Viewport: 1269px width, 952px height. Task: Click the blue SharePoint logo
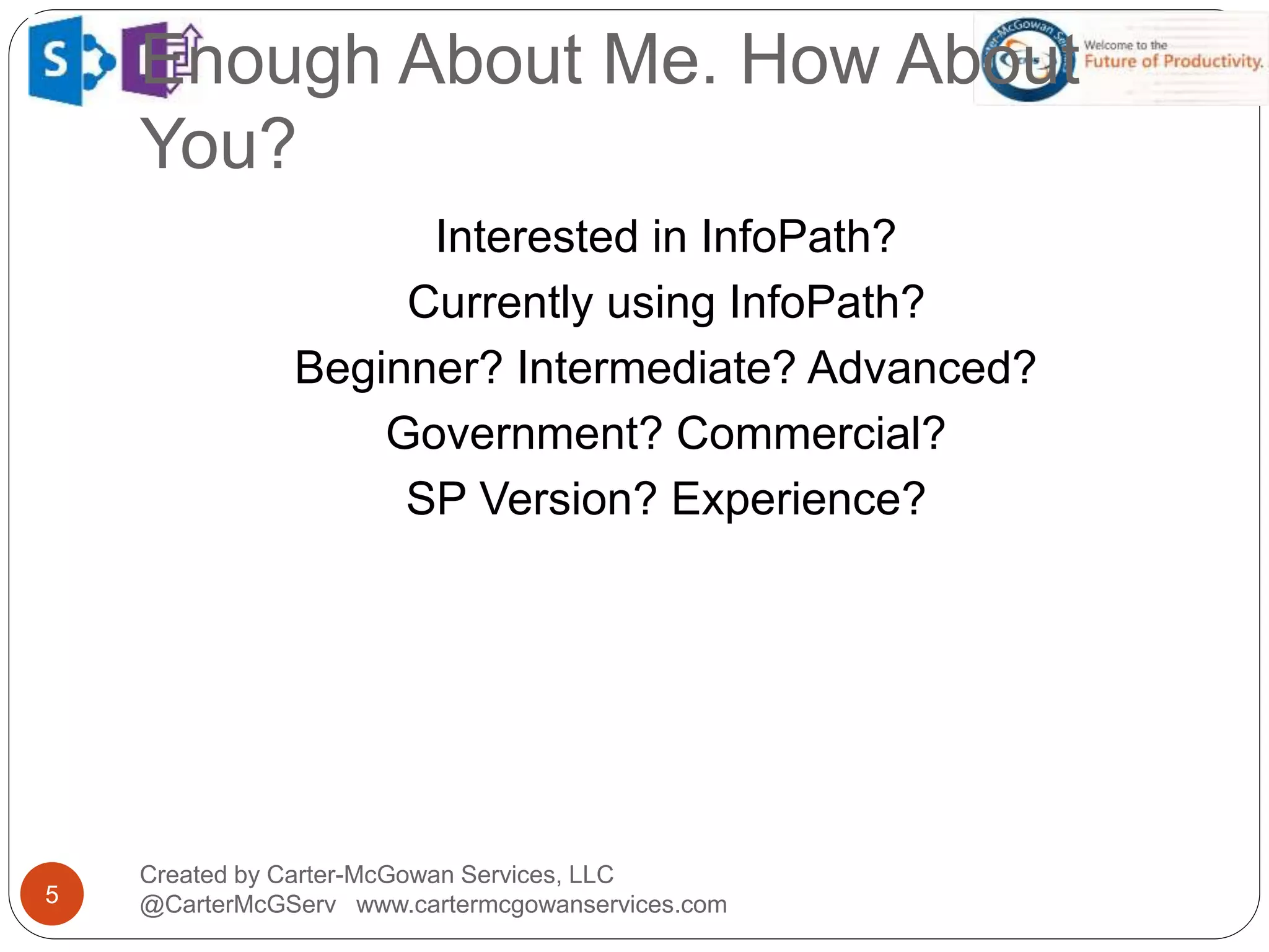[x=69, y=61]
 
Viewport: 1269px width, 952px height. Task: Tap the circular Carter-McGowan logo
[x=1029, y=59]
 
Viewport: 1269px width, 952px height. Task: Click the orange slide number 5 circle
[x=52, y=894]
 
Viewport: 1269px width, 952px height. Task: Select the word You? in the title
[x=217, y=144]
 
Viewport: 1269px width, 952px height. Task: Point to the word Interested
[x=537, y=237]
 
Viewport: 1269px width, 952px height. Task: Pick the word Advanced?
[x=921, y=368]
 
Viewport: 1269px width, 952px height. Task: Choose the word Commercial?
[x=810, y=433]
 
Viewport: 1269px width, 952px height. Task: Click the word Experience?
[x=798, y=499]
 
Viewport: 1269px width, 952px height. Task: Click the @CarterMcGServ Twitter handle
[x=238, y=905]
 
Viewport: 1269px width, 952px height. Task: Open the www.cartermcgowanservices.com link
[x=541, y=905]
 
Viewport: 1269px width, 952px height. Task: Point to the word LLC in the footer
[x=591, y=875]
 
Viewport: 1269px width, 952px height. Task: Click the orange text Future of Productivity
[x=1173, y=61]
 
